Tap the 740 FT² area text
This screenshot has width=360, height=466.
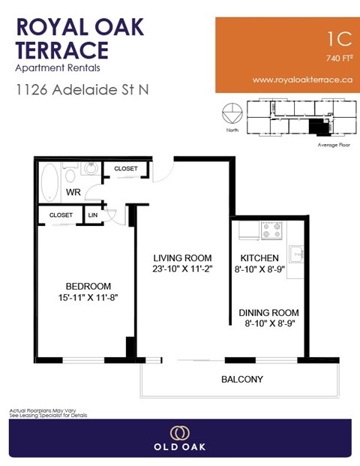[339, 58]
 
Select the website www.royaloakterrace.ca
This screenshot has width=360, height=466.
[302, 80]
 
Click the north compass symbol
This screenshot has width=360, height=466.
[232, 116]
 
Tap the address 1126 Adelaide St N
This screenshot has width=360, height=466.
[82, 89]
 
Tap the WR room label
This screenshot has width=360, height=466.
[73, 193]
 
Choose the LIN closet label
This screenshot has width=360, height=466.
[93, 215]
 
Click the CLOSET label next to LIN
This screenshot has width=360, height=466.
[61, 215]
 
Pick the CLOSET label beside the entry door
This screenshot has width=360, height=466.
[125, 169]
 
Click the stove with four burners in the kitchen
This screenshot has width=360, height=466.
[270, 227]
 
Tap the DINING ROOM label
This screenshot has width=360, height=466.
[268, 313]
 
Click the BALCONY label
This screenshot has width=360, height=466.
[241, 379]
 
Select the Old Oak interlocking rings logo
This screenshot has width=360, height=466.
[179, 433]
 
